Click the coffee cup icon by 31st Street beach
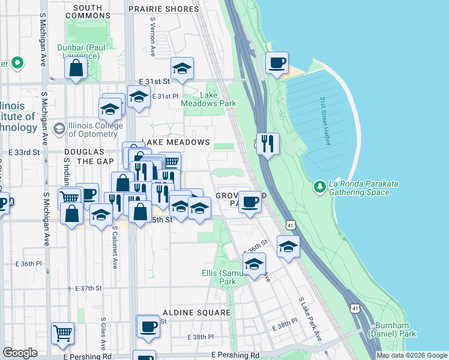point(277,63)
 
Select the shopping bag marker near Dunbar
point(76,68)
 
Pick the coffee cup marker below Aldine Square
point(148,326)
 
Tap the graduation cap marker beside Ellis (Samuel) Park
point(254,264)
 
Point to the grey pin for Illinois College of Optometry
point(59,128)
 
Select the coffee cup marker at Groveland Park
point(250,202)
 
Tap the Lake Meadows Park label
point(209,100)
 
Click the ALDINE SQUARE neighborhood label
point(196,313)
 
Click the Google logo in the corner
point(20,353)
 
